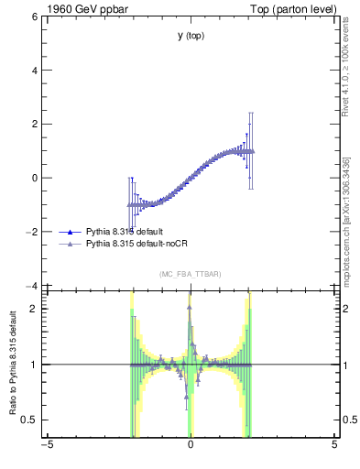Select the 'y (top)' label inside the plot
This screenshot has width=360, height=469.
pyautogui.click(x=191, y=36)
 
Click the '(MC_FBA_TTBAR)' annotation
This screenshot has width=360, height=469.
pyautogui.click(x=191, y=274)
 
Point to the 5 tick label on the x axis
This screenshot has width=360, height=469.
pyautogui.click(x=334, y=445)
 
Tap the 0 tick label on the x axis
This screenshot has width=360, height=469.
pyautogui.click(x=191, y=445)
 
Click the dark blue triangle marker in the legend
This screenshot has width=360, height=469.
pyautogui.click(x=71, y=232)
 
